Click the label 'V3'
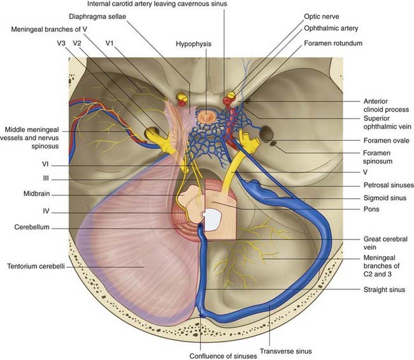[61, 43]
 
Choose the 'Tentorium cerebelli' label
[40, 266]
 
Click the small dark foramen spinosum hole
[273, 144]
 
